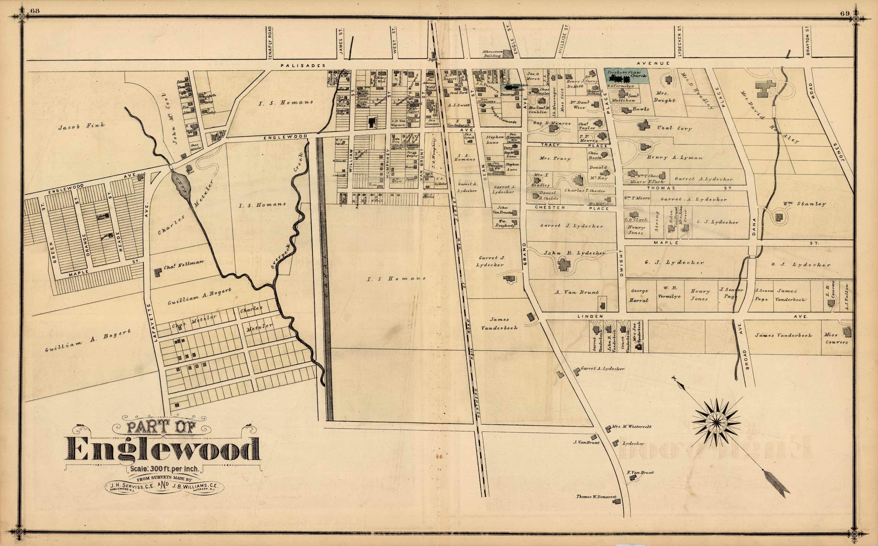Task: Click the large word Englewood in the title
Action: click(x=163, y=450)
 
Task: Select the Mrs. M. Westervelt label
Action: click(x=631, y=427)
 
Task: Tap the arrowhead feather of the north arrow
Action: click(x=774, y=484)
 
